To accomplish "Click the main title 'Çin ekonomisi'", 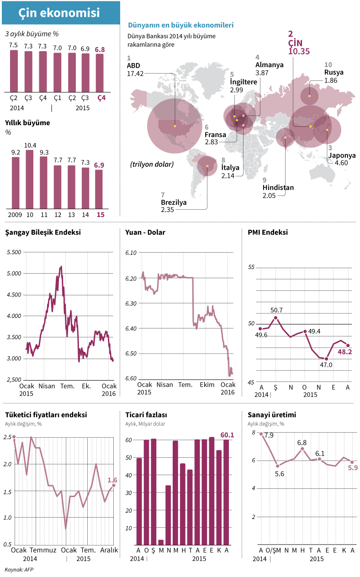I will [x=59, y=13].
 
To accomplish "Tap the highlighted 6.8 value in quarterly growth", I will [x=100, y=49].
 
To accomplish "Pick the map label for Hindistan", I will [x=278, y=187].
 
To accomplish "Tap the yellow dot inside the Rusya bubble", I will [x=310, y=96].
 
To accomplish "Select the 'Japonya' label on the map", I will [x=342, y=155].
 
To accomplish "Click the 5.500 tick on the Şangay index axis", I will [x=15, y=252].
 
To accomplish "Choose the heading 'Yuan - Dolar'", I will [x=145, y=232].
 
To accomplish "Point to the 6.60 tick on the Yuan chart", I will [x=132, y=378].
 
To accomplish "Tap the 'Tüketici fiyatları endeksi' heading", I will [x=46, y=415].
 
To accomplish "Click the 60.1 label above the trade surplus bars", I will [x=227, y=435].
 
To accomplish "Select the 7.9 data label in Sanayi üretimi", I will [x=269, y=435].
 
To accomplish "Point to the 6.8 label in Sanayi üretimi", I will [x=302, y=443].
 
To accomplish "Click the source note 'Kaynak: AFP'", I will [x=19, y=570].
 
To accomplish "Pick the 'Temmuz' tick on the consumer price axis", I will [x=43, y=550].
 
